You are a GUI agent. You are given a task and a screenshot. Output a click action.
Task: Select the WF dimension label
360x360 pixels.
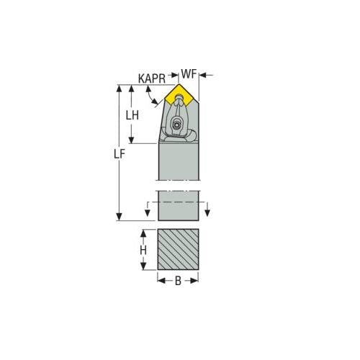(189, 74)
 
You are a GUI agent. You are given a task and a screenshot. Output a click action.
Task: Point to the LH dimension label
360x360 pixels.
(132, 115)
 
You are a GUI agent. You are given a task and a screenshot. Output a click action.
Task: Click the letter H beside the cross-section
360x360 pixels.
(143, 250)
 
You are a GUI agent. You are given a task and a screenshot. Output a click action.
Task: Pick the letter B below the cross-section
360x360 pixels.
(178, 281)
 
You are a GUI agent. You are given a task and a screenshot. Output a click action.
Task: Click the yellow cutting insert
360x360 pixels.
(178, 94)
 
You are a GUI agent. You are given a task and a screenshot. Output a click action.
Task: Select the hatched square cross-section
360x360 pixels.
(178, 249)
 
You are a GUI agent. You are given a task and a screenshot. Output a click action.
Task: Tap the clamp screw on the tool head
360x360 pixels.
(176, 126)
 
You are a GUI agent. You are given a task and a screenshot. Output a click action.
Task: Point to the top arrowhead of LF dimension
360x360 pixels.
(120, 88)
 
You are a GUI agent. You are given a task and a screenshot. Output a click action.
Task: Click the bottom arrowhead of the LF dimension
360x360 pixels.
(120, 217)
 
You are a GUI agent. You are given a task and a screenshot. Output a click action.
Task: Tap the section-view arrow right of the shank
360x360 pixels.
(207, 212)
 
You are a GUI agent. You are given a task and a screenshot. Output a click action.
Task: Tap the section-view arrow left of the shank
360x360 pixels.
(148, 212)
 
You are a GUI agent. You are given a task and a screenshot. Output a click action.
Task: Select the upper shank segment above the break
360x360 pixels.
(178, 161)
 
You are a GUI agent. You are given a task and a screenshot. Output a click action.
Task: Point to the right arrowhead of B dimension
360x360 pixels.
(194, 281)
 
